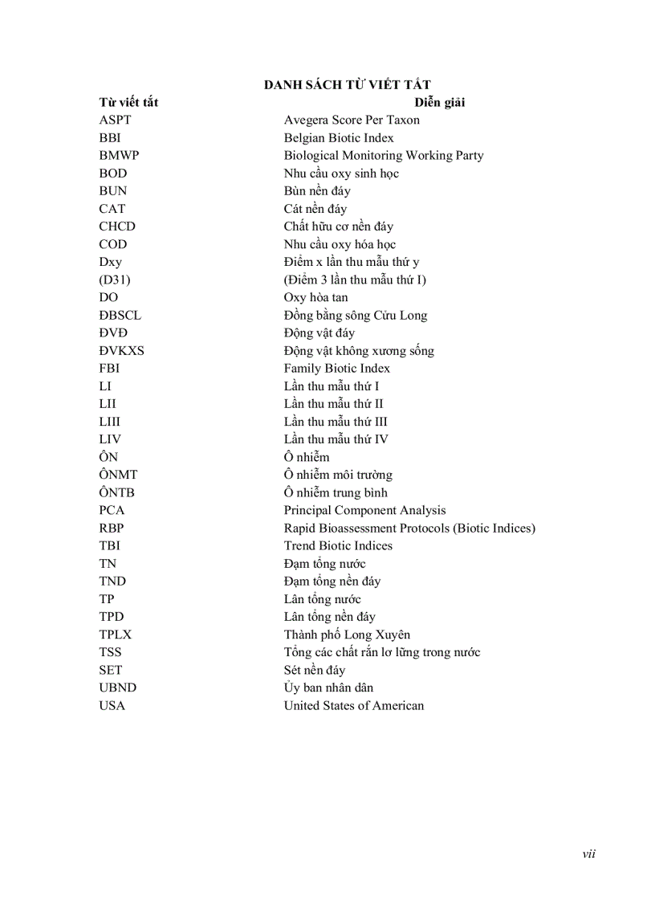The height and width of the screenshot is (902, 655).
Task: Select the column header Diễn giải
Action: pos(440,103)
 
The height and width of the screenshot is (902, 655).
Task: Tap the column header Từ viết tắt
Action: pos(128,103)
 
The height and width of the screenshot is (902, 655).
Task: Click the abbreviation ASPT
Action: pos(115,120)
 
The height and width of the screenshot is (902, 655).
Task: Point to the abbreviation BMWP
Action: pos(119,156)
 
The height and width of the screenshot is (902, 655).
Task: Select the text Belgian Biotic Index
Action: pos(339,138)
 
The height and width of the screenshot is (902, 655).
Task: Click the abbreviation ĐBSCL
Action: pos(120,315)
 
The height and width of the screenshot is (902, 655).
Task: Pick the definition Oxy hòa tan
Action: pos(315,297)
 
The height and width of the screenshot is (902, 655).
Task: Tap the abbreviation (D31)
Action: pos(115,280)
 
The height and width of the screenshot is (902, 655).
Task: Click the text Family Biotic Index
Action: pos(336,368)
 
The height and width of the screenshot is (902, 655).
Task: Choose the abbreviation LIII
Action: pos(110,422)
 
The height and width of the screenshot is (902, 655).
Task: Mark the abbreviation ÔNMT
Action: pos(118,475)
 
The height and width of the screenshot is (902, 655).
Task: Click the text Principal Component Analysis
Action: pos(364,510)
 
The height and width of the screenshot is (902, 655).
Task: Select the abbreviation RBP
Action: pos(112,528)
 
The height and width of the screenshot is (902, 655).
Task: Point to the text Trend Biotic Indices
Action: pos(338,545)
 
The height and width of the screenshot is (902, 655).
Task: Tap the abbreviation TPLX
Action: pos(116,635)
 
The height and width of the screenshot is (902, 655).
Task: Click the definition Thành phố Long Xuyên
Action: pos(347,635)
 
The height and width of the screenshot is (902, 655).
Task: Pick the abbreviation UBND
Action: pos(118,688)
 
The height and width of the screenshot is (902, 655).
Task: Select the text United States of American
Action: pos(353,705)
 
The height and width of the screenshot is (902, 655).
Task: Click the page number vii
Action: pos(588,854)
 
